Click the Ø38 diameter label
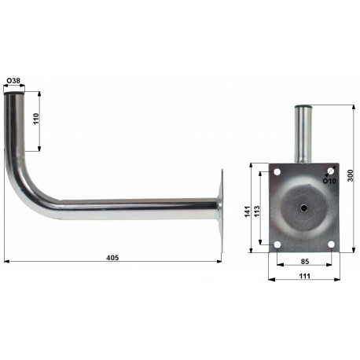pyautogui.click(x=13, y=81)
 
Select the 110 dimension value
pyautogui.click(x=36, y=120)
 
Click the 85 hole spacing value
pyautogui.click(x=303, y=262)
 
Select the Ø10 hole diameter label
pyautogui.click(x=328, y=180)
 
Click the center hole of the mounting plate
pyautogui.click(x=303, y=209)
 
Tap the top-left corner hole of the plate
pyautogui.click(x=277, y=172)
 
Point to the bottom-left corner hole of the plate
pyautogui.click(x=277, y=245)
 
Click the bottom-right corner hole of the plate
pyautogui.click(x=331, y=245)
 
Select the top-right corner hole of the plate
pyautogui.click(x=331, y=171)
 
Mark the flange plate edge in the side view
pyautogui.click(x=219, y=208)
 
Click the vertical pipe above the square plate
pyautogui.click(x=303, y=134)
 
